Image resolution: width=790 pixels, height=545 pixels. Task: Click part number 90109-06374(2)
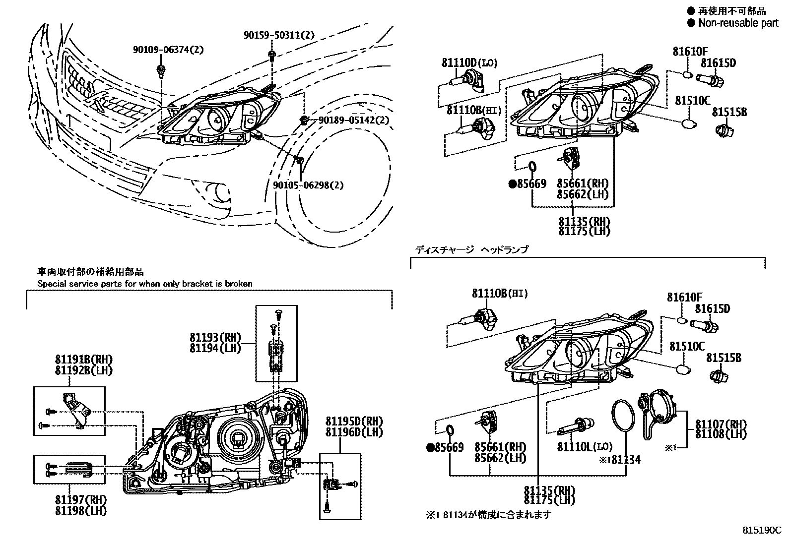pyautogui.click(x=168, y=50)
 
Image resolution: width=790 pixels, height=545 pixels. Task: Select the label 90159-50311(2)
pyautogui.click(x=279, y=35)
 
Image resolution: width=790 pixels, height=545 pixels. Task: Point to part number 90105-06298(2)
pyautogui.click(x=308, y=185)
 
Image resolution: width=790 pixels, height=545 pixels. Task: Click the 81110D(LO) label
pyautogui.click(x=469, y=63)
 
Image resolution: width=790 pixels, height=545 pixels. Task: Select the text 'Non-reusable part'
pyautogui.click(x=738, y=23)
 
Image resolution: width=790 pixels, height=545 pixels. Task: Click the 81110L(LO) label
pyautogui.click(x=584, y=447)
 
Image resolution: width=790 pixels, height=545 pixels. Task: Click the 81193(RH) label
pyautogui.click(x=215, y=337)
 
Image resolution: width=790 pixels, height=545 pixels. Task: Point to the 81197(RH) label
pyautogui.click(x=81, y=499)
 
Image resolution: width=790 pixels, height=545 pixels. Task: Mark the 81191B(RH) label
pyautogui.click(x=83, y=359)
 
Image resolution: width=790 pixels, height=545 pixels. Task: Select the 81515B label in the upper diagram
pyautogui.click(x=729, y=112)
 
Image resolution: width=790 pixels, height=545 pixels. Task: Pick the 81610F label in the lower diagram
pyautogui.click(x=684, y=297)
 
